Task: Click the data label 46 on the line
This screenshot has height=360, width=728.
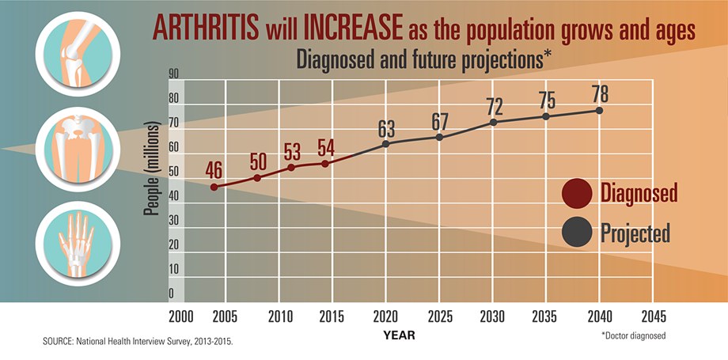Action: point(213,169)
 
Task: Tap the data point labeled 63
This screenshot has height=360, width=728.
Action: point(385,144)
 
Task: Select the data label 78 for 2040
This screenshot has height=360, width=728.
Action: point(599,93)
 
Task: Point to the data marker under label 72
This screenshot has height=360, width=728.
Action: point(494,122)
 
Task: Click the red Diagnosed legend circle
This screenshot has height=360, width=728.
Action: point(577,192)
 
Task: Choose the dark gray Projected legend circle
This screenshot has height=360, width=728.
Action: point(577,233)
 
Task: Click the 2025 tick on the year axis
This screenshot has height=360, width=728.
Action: point(440,316)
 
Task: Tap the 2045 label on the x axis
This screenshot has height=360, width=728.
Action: point(653,316)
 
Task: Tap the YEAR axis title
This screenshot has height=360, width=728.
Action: point(399,335)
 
